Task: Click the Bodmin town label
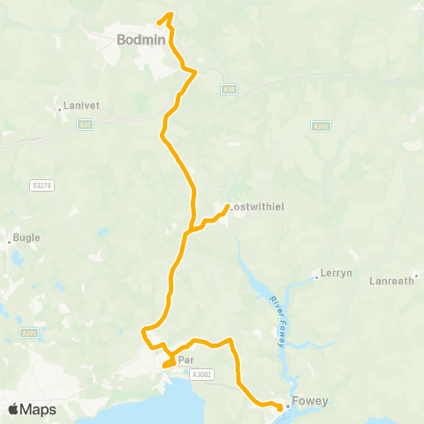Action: click(137, 39)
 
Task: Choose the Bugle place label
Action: click(27, 238)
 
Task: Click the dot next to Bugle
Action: click(10, 239)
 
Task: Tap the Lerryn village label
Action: click(337, 273)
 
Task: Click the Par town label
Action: click(185, 360)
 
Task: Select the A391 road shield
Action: click(29, 333)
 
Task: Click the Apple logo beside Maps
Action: click(13, 409)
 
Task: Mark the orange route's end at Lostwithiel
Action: click(228, 207)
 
